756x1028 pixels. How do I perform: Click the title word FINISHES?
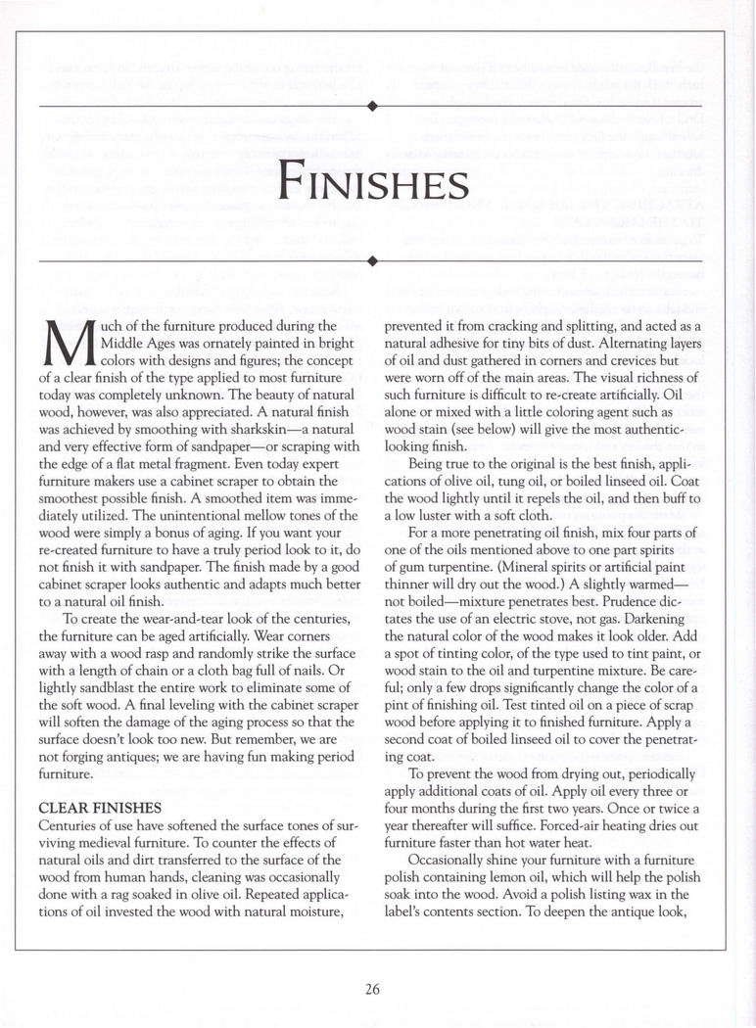(x=371, y=183)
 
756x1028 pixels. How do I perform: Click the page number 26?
(x=372, y=988)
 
